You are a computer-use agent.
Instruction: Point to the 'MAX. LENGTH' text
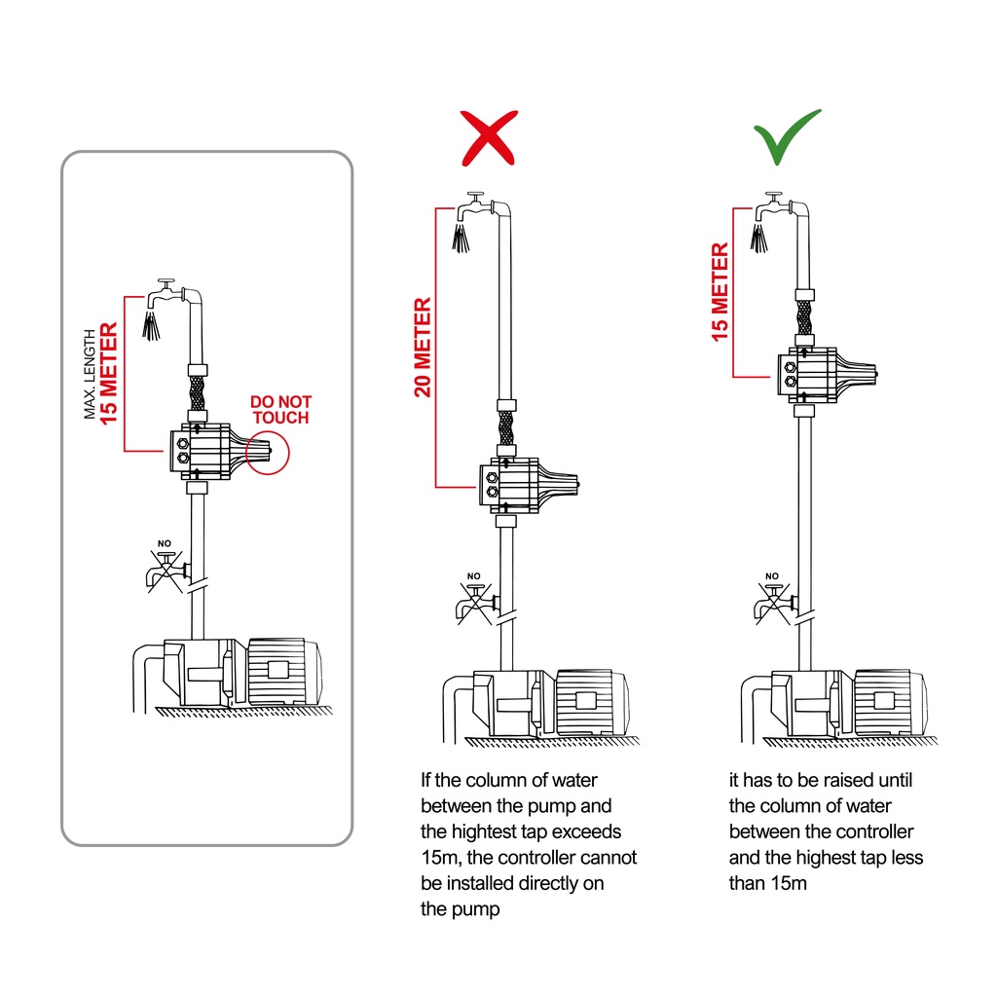(x=90, y=372)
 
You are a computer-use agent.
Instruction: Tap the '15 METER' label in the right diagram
(x=720, y=292)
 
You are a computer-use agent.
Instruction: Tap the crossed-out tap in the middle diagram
(x=476, y=602)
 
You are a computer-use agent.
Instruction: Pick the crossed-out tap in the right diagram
(x=774, y=602)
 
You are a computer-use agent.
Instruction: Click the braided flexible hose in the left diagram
(x=196, y=394)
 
